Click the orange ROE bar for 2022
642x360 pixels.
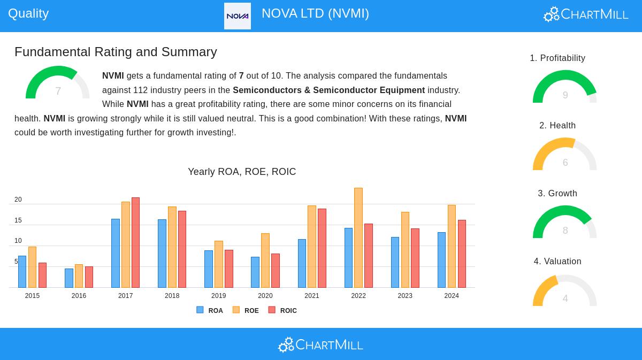tap(358, 238)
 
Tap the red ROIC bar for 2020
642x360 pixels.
tap(276, 271)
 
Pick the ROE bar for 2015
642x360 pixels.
tap(32, 267)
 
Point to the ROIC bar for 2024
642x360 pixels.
tap(462, 254)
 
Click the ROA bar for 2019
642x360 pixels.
tap(209, 269)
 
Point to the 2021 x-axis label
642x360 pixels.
tap(312, 296)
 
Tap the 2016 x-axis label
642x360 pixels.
tap(79, 296)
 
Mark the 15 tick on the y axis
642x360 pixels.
tap(18, 220)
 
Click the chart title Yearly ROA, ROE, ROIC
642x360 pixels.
tap(242, 172)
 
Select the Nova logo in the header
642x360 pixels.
tap(238, 16)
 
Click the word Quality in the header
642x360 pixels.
tap(28, 13)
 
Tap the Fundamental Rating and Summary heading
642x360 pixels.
tap(116, 52)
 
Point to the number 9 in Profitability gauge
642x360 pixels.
tap(565, 95)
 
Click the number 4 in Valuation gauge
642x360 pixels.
tap(565, 298)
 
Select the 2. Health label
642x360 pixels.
tap(557, 126)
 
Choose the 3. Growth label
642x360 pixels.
tap(557, 194)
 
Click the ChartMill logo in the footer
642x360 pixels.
tap(320, 344)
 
